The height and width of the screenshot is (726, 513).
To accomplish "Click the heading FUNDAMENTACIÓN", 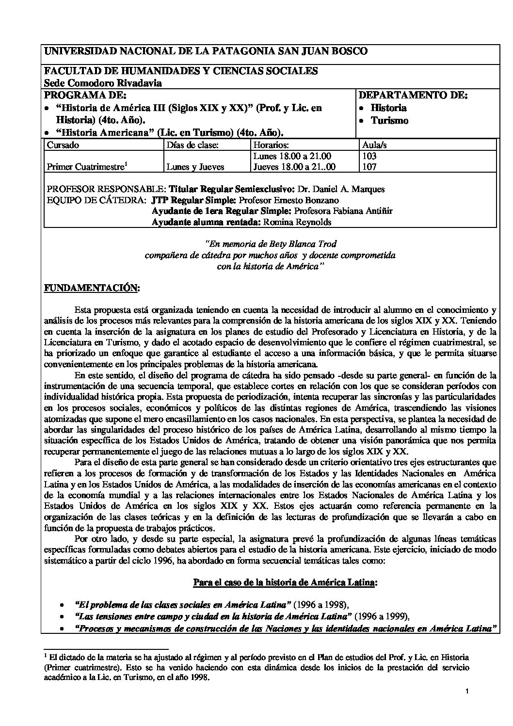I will point(92,288).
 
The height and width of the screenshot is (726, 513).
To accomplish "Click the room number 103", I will point(369,156).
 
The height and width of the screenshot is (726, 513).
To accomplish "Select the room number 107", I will point(369,166).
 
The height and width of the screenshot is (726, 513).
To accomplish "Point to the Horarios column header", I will point(271,145).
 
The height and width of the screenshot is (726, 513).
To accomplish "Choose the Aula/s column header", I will point(375,145).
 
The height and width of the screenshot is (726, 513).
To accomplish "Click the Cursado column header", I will point(63,145).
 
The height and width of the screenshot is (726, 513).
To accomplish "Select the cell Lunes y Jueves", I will point(195,166).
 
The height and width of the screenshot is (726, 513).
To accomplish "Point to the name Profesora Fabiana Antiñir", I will point(343,211).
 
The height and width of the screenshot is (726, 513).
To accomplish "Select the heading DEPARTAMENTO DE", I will point(413,95).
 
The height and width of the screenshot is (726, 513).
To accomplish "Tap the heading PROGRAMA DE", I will point(85,95).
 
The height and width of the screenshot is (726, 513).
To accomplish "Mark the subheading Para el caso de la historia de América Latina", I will point(284,582).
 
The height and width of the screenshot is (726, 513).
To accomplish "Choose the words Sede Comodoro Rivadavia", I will point(103,83).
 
